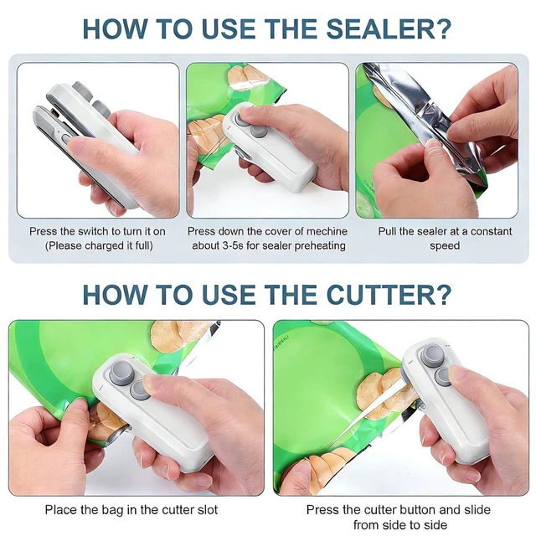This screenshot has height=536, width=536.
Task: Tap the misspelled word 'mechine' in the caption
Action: point(327,231)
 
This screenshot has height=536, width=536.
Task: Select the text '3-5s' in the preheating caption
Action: point(234,245)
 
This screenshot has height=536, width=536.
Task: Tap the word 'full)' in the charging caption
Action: point(144,246)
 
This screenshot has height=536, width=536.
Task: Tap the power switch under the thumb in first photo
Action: point(65,139)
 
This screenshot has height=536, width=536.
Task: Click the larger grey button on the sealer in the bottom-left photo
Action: point(121,372)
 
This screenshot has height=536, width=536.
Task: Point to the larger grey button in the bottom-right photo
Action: point(432,356)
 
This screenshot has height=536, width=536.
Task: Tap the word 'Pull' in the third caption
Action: point(387,231)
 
